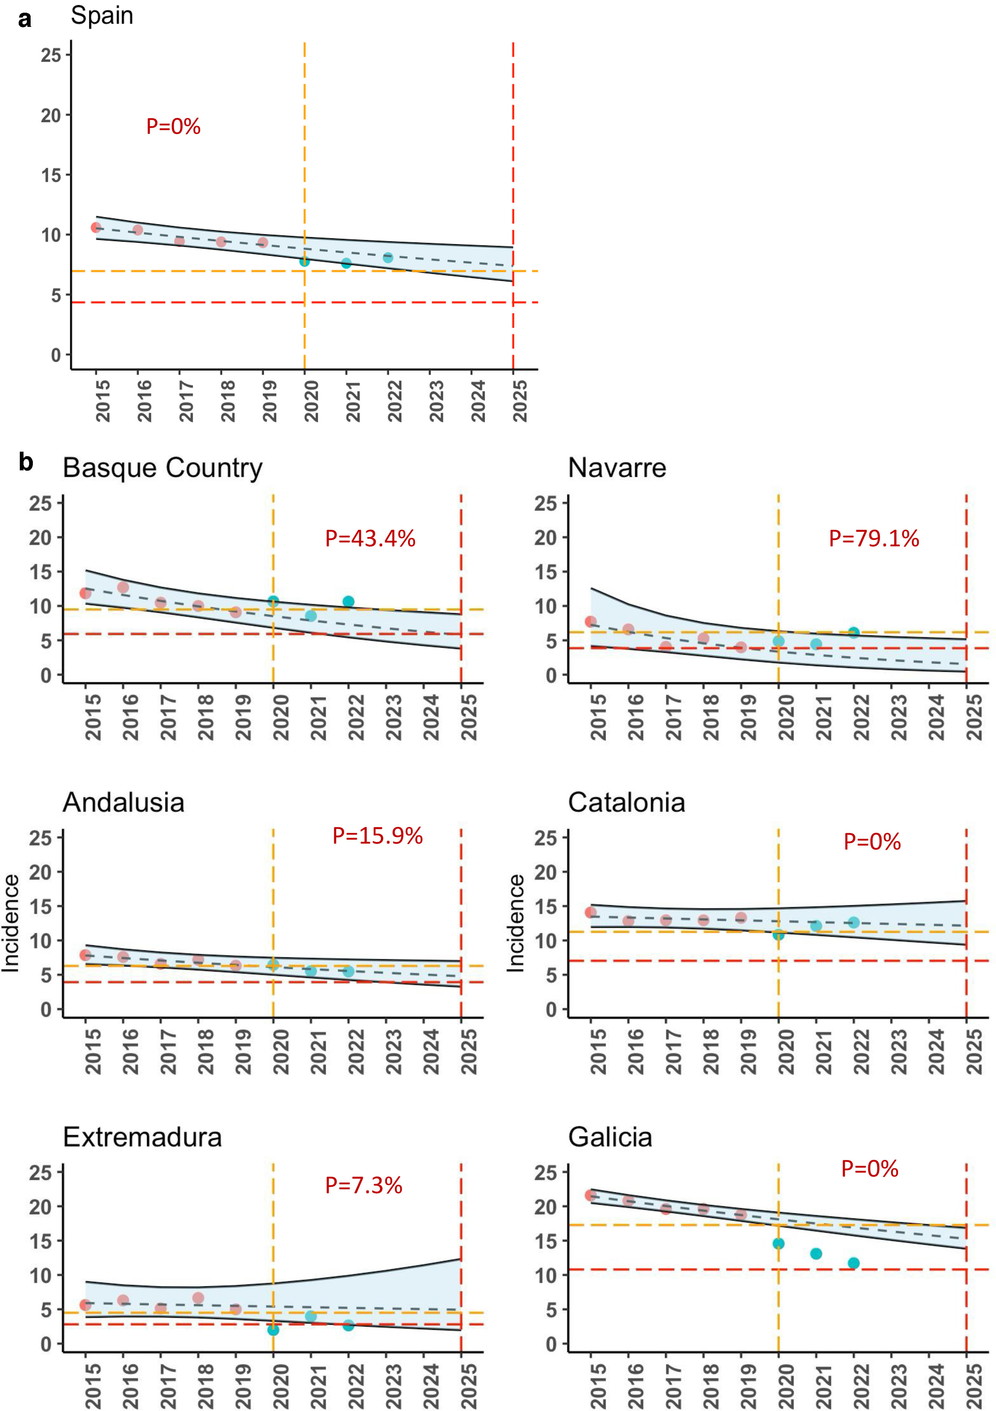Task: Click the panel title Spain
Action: (x=102, y=15)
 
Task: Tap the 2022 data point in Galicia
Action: (x=853, y=1263)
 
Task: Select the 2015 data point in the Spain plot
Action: (x=96, y=227)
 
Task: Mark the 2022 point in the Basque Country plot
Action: (x=348, y=602)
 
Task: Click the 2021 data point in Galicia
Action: (x=816, y=1254)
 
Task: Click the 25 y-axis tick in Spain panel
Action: (x=52, y=55)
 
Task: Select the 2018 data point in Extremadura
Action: (x=198, y=1298)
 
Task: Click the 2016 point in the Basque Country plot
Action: (x=123, y=588)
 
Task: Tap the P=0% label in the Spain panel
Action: (x=173, y=127)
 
